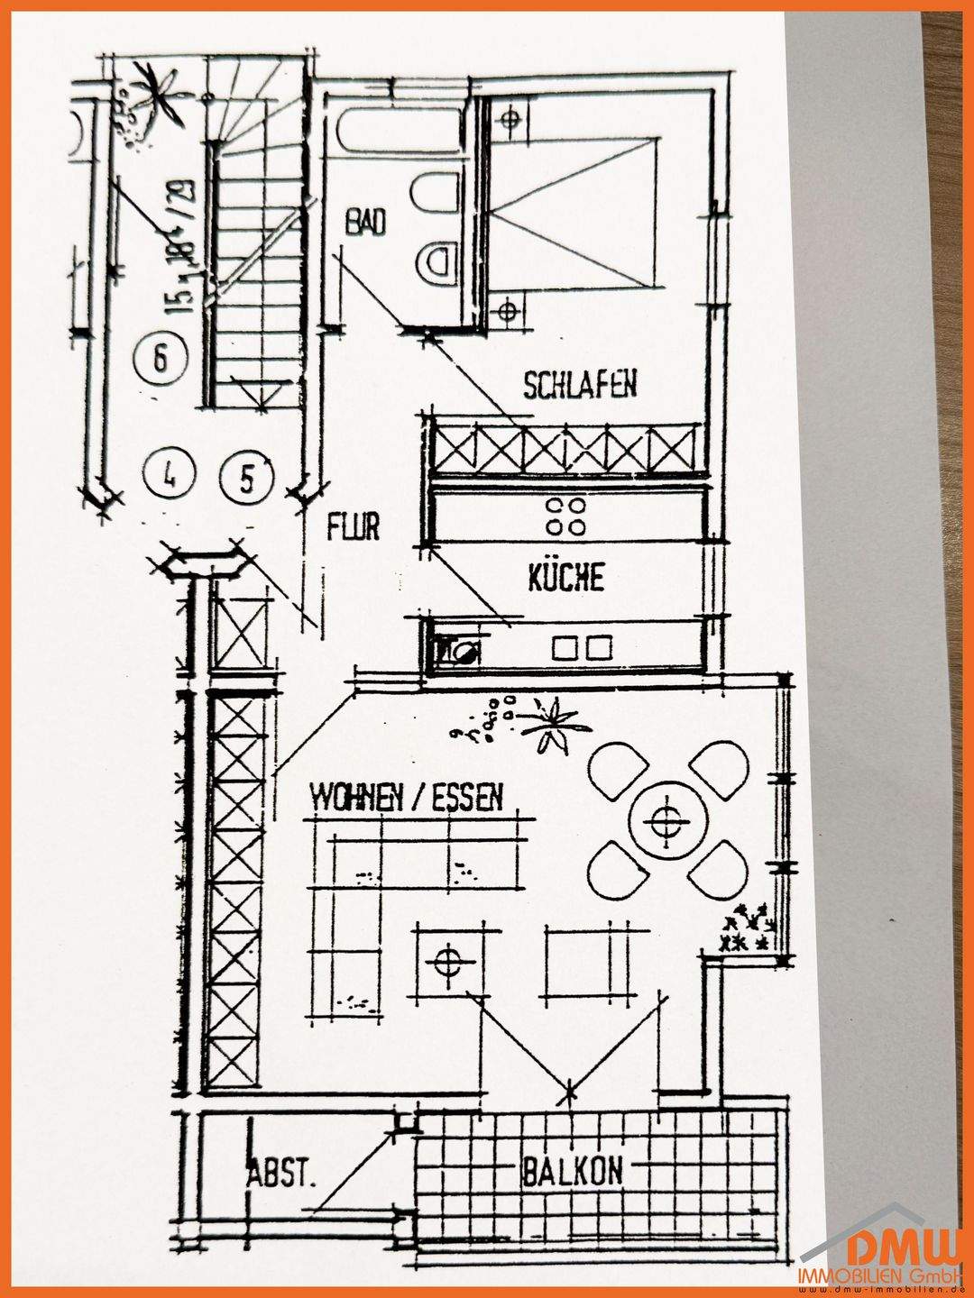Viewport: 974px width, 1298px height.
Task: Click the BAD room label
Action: tap(365, 221)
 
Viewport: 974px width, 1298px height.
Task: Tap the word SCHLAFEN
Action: tap(580, 385)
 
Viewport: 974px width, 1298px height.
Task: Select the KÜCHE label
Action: tap(565, 577)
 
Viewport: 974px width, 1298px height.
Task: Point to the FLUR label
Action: tap(354, 527)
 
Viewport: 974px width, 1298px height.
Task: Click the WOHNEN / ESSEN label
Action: tap(407, 798)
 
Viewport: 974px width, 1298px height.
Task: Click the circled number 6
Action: tap(161, 358)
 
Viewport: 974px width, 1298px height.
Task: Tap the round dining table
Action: tap(666, 820)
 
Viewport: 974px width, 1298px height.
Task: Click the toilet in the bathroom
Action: tap(438, 263)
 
